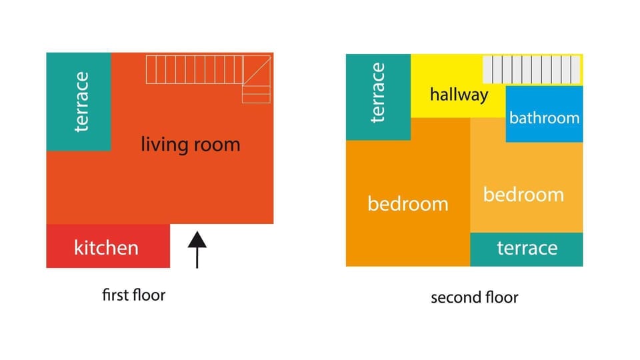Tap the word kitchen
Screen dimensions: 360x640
(x=106, y=248)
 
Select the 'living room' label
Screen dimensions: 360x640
(x=190, y=144)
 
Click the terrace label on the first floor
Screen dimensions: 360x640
(x=81, y=101)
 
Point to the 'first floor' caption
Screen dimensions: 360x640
(x=133, y=295)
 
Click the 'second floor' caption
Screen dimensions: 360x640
(x=474, y=297)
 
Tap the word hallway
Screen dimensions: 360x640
(x=459, y=95)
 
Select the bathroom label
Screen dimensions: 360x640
(x=544, y=118)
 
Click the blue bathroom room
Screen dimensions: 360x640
(x=544, y=130)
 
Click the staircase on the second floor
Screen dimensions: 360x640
(x=531, y=69)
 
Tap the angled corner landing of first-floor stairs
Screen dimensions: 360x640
(x=256, y=80)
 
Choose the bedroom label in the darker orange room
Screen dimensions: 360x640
(x=407, y=204)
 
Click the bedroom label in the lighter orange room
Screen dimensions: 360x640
(x=523, y=195)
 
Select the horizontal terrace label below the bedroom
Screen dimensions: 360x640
(x=527, y=249)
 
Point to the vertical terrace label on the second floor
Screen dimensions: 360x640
(x=378, y=93)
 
